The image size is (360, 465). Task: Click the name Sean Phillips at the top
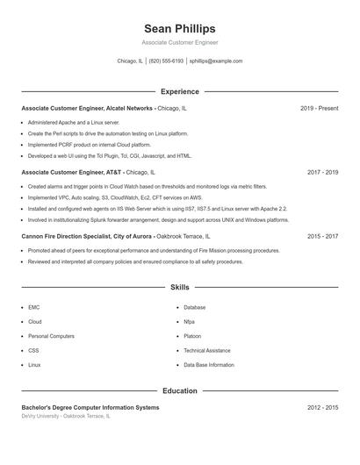[179, 29]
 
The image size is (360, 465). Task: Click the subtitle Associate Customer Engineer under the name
[179, 42]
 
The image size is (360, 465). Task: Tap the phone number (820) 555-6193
[166, 61]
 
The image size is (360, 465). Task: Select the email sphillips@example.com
[216, 61]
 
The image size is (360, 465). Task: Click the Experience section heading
[179, 91]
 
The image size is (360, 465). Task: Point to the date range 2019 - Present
[319, 109]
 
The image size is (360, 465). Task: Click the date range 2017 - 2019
[322, 173]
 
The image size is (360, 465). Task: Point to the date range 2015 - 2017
[322, 237]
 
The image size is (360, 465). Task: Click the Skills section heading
[179, 287]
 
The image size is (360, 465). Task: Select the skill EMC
[33, 308]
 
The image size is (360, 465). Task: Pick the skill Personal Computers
[51, 336]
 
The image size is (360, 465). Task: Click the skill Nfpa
[190, 322]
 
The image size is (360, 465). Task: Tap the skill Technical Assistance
[207, 350]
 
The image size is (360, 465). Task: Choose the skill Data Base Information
[209, 364]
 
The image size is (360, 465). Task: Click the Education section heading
[179, 390]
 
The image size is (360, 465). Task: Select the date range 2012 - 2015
[322, 408]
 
